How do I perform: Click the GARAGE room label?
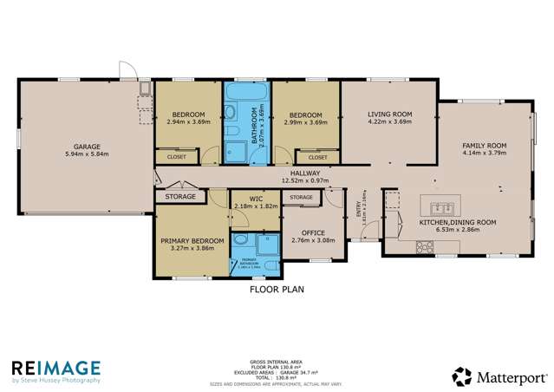(x=78, y=147)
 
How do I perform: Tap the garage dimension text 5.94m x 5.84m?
(x=78, y=155)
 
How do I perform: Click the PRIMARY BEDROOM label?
(x=192, y=240)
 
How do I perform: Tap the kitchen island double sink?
(x=440, y=206)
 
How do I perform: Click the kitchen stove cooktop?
(x=425, y=246)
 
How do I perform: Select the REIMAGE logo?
(x=55, y=368)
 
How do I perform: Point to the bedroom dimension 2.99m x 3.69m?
(x=305, y=123)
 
